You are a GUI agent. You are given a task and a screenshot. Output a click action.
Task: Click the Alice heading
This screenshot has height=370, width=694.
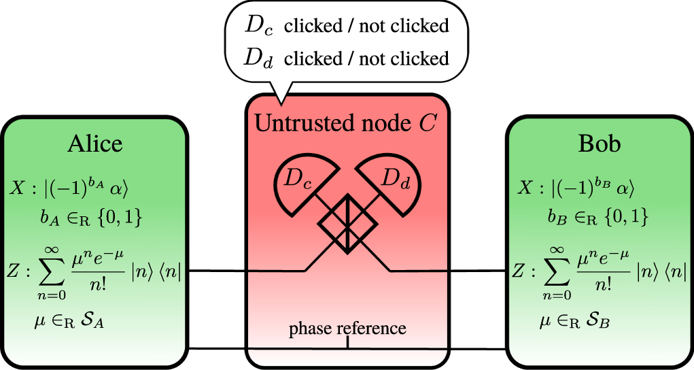94,144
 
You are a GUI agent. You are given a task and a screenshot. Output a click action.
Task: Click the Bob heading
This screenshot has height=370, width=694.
600,144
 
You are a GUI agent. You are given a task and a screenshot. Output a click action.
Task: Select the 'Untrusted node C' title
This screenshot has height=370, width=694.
347,123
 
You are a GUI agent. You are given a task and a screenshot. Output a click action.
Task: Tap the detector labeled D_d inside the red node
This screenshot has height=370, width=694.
394,180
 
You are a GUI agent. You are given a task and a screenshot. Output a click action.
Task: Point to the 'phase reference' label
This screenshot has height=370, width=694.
347,329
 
